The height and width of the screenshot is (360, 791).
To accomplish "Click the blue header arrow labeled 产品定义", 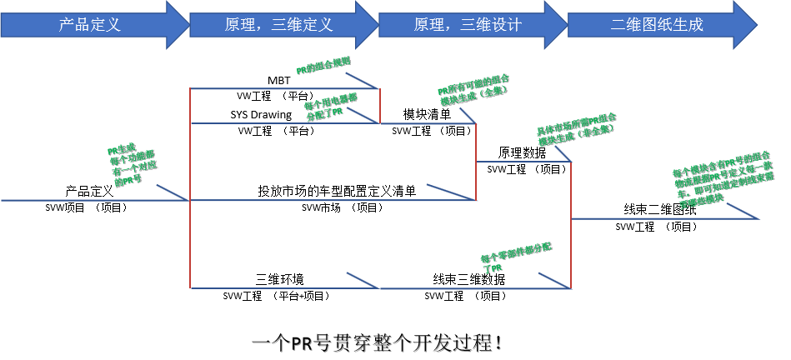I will pyautogui.click(x=90, y=24).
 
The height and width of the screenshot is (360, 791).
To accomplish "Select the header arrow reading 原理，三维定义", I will pyautogui.click(x=279, y=24).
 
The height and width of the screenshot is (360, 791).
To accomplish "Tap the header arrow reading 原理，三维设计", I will pyautogui.click(x=468, y=24).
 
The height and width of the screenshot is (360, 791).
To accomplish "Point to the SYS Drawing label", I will pyautogui.click(x=261, y=114).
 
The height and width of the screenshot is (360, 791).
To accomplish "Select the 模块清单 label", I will pyautogui.click(x=427, y=114).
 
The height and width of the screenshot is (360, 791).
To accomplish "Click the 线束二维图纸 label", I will pyautogui.click(x=660, y=209).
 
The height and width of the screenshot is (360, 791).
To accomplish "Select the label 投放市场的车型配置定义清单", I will pyautogui.click(x=337, y=191).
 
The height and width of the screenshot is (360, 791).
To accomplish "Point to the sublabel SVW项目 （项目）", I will pyautogui.click(x=86, y=207).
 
